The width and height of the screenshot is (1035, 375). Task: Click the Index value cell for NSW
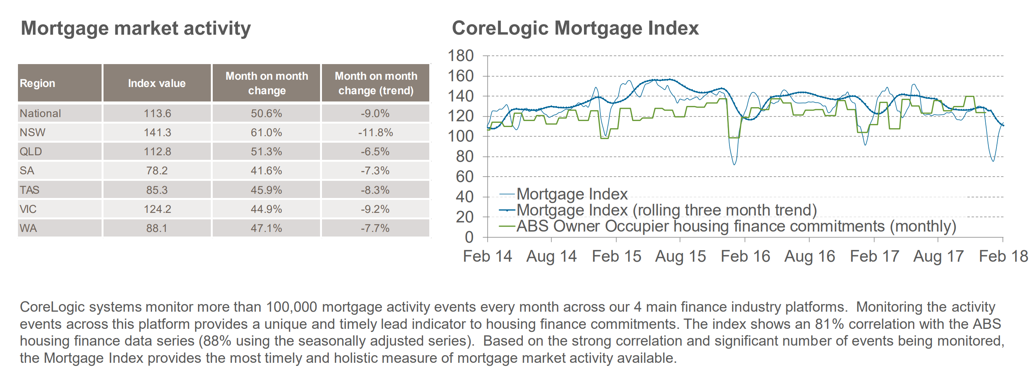(x=157, y=132)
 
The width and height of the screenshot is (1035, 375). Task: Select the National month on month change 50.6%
(x=266, y=113)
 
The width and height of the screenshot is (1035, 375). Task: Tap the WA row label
(x=28, y=228)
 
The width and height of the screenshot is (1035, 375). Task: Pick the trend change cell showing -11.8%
(x=375, y=132)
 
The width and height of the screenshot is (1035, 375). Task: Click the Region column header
(x=37, y=83)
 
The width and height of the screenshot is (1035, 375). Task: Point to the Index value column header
(x=157, y=83)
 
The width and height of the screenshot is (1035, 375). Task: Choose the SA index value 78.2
(x=157, y=171)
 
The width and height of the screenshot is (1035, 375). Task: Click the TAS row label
(x=30, y=190)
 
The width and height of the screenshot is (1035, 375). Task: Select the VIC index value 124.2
(x=157, y=209)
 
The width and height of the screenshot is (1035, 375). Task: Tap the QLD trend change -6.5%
(x=375, y=152)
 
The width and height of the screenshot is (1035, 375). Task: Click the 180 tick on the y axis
(x=461, y=56)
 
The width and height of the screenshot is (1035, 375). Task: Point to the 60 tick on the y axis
(x=465, y=177)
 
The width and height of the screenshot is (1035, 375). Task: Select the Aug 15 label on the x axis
(x=680, y=256)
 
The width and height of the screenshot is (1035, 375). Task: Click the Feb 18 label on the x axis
(x=1003, y=256)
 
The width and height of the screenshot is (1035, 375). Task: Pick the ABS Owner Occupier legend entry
(x=735, y=227)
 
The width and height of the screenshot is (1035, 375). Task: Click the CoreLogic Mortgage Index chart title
(x=575, y=28)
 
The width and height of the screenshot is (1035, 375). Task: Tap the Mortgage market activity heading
(x=136, y=28)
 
